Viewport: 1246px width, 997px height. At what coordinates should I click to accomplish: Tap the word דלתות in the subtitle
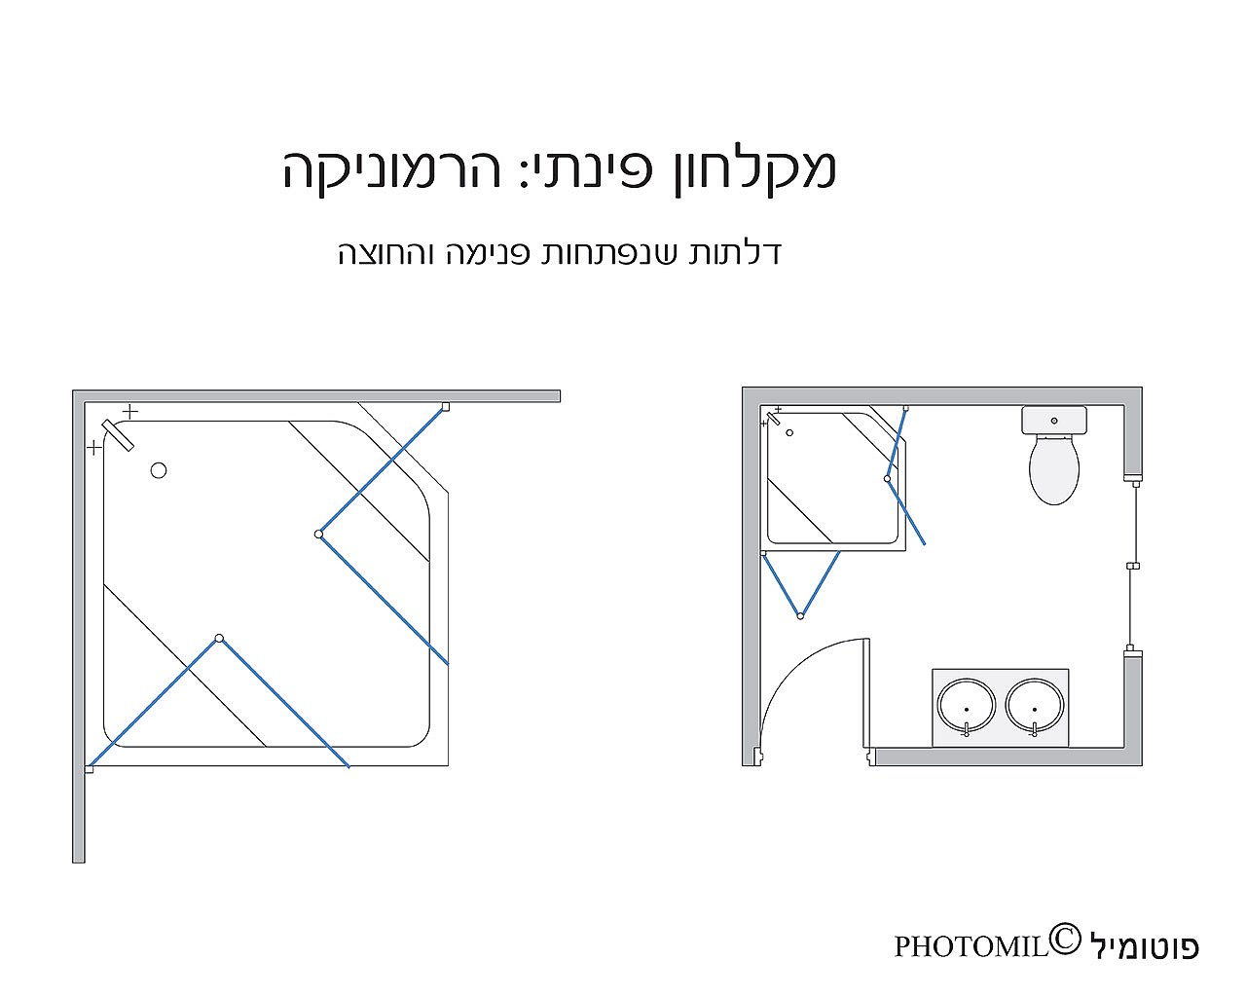pos(735,252)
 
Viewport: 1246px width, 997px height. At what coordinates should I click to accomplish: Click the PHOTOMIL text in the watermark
pos(971,947)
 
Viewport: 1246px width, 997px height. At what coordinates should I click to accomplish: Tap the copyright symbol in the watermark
pos(1065,940)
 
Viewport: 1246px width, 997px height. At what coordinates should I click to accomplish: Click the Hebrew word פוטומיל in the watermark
pos(1145,946)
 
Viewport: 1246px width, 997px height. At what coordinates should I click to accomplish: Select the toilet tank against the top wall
pos(1054,420)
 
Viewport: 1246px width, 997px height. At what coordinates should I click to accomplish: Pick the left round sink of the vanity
pos(967,706)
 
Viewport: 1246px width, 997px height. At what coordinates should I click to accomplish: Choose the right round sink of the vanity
pos(1035,706)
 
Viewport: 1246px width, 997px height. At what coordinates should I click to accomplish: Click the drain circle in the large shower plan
pos(159,470)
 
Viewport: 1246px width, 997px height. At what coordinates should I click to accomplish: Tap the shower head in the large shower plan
pos(118,435)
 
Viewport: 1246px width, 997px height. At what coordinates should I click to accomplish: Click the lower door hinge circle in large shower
pos(219,639)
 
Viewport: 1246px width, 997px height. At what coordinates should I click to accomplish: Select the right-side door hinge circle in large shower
pos(318,535)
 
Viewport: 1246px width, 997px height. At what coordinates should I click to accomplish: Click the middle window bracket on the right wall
pos(1133,566)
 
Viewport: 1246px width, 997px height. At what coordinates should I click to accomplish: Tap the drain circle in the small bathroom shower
pos(789,432)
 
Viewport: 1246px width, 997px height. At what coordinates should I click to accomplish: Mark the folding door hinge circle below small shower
pos(800,616)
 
